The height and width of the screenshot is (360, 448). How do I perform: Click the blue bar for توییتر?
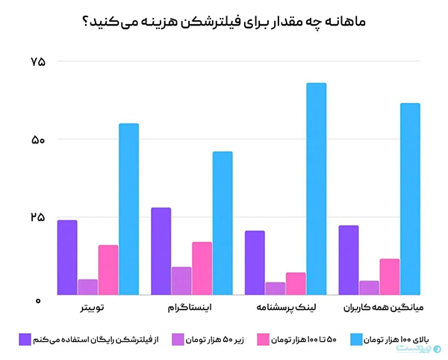pyautogui.click(x=128, y=209)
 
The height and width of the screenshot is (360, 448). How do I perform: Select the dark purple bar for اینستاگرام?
pyautogui.click(x=161, y=251)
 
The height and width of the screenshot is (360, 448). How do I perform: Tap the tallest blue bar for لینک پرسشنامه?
pyautogui.click(x=317, y=188)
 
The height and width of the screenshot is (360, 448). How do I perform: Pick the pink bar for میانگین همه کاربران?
pyautogui.click(x=389, y=276)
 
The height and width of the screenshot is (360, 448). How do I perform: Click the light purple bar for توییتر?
pyautogui.click(x=87, y=288)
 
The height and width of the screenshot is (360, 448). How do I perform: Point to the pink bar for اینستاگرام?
pyautogui.click(x=202, y=268)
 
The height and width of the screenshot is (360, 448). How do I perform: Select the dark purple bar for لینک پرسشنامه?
pyautogui.click(x=255, y=262)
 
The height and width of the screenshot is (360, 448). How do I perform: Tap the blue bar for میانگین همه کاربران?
pyautogui.click(x=410, y=199)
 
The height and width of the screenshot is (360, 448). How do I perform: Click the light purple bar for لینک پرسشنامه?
pyautogui.click(x=276, y=288)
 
